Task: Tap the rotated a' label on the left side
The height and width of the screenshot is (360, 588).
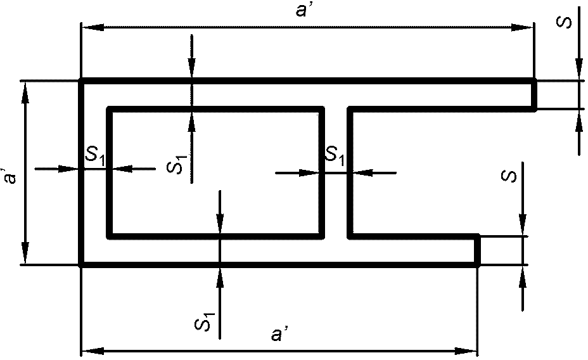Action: pos(9,174)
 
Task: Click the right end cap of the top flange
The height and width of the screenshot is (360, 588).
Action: pos(534,95)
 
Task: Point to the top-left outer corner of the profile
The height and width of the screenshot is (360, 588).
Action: pos(81,81)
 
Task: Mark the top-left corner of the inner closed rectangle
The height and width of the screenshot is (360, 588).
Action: pos(109,109)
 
